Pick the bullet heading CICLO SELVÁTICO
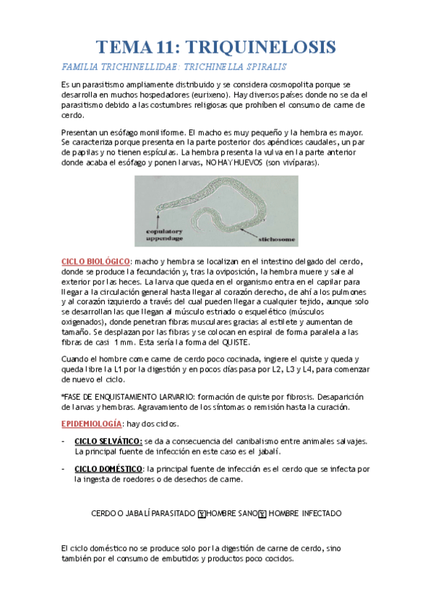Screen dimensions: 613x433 [108, 442]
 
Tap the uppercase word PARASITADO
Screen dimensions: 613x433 [171, 513]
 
